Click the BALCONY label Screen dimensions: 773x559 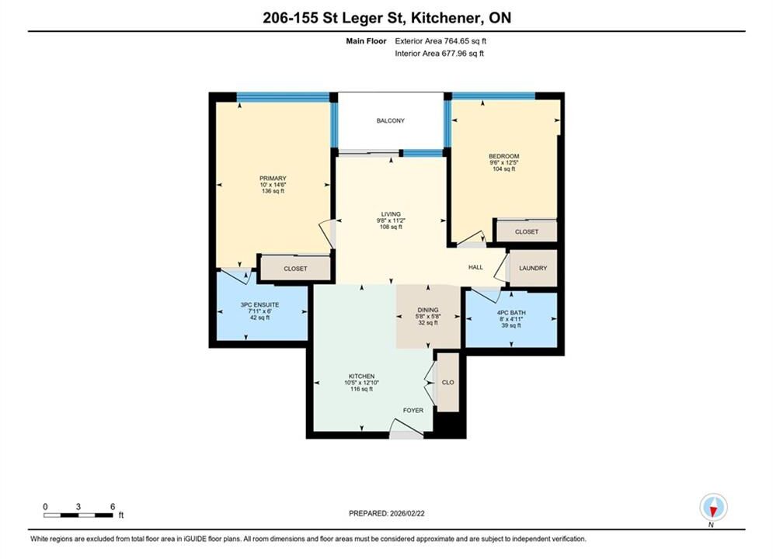coord(391,120)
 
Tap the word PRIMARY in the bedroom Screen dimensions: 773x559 coord(273,179)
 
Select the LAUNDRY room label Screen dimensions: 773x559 coord(533,269)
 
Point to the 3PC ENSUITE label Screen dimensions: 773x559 coord(259,305)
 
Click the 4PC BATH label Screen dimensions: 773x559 coord(511,313)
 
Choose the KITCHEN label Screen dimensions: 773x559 coord(361,377)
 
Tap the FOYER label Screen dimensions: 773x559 coord(413,410)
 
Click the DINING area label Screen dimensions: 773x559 coord(427,311)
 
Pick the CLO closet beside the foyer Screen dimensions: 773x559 coord(447,383)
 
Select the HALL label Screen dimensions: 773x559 coord(475,267)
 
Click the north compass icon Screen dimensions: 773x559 coord(713,507)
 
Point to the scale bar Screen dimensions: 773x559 coord(78,516)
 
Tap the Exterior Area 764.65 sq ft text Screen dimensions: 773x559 coord(440,41)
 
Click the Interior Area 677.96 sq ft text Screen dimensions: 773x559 coord(439,54)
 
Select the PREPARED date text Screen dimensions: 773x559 coord(387,513)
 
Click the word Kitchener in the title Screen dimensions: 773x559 coord(447,18)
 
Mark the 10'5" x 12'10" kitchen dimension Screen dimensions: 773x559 coord(361,383)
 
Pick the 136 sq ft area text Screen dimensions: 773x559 coord(273,191)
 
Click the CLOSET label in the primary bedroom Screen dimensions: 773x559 coord(295,269)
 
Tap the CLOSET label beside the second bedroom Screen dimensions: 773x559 coord(527,232)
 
